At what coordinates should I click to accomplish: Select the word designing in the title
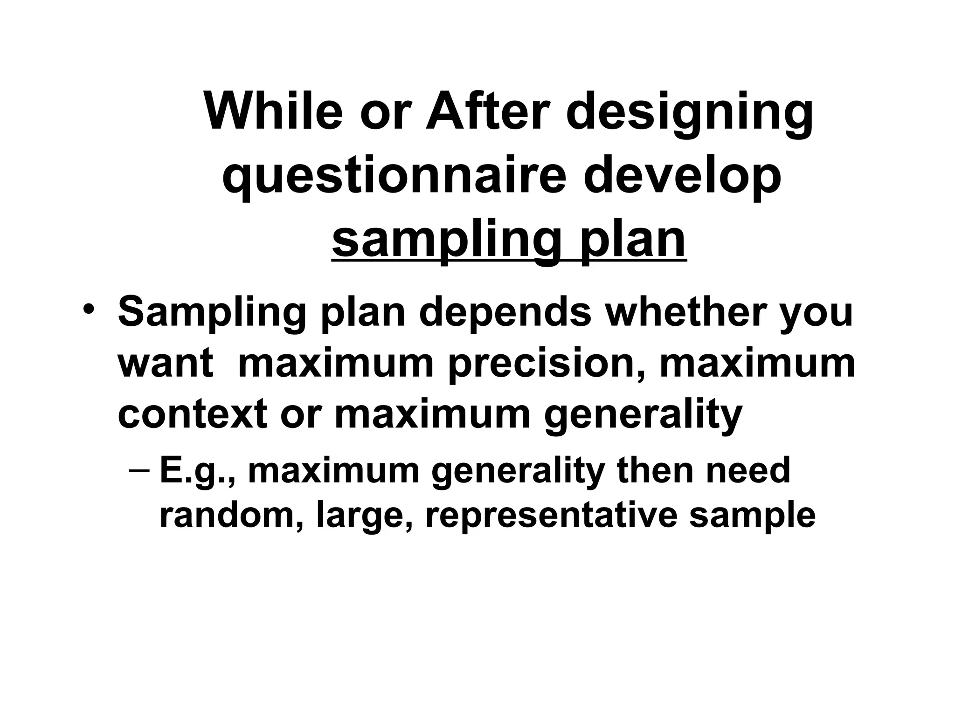click(690, 114)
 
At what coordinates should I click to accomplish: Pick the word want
click(166, 364)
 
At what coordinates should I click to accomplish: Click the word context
click(193, 413)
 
